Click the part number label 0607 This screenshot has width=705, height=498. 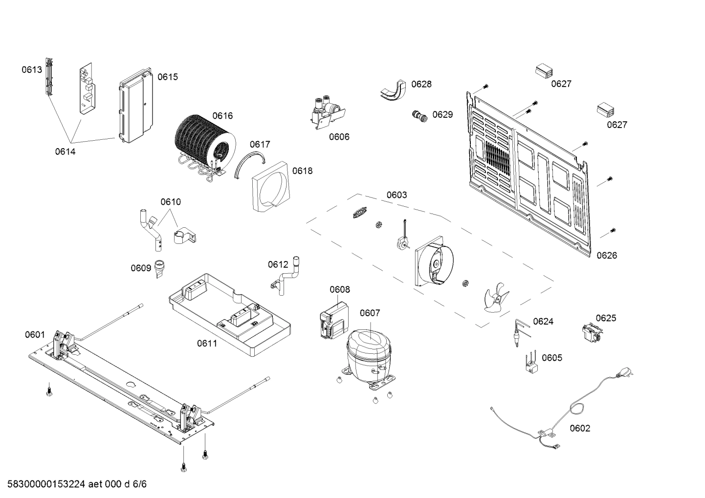tap(370, 313)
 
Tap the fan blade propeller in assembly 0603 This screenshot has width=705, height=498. tap(495, 298)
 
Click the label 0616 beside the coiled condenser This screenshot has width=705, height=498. tap(222, 116)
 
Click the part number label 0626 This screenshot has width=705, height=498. tap(606, 255)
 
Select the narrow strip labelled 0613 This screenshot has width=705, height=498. tap(49, 77)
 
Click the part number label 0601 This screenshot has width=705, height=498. tap(35, 335)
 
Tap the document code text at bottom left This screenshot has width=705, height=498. tap(74, 484)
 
